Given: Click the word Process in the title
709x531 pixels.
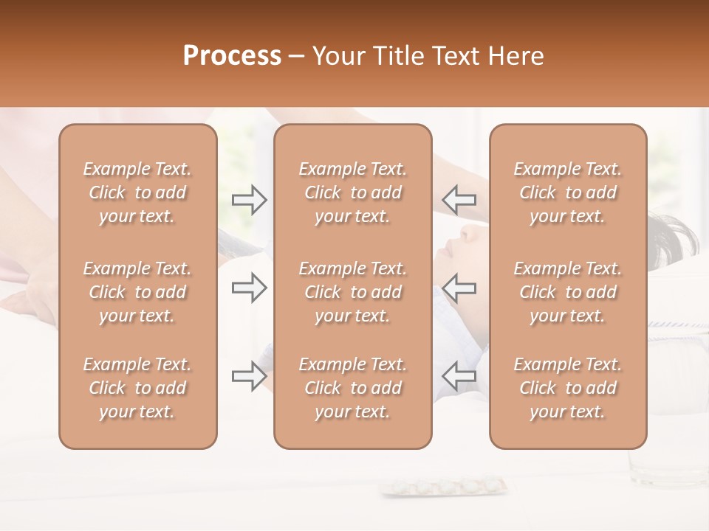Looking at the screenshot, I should (232, 56).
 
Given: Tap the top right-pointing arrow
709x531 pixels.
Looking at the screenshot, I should (250, 200).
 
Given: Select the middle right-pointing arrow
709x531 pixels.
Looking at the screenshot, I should (250, 288).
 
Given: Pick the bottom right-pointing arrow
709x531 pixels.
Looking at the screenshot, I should (250, 376).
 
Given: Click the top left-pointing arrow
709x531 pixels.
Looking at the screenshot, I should (459, 200).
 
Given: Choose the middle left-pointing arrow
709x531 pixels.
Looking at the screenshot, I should (459, 288).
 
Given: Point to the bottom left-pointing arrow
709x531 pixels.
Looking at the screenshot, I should (459, 376).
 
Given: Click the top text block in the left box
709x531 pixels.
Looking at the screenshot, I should (137, 192).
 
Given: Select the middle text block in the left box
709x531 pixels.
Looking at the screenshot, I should (137, 292).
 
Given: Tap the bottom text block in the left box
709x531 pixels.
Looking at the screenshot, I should (137, 388).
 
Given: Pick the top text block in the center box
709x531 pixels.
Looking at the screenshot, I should (353, 192).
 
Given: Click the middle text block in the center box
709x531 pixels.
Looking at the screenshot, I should (353, 292).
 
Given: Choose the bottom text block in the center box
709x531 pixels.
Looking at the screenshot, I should (353, 388).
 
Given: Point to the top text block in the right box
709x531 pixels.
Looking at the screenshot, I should (568, 192).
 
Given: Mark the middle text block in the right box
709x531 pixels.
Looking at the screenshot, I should (568, 292).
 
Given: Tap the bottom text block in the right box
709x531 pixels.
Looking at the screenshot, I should (568, 388).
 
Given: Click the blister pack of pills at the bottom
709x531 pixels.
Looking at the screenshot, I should (443, 487).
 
